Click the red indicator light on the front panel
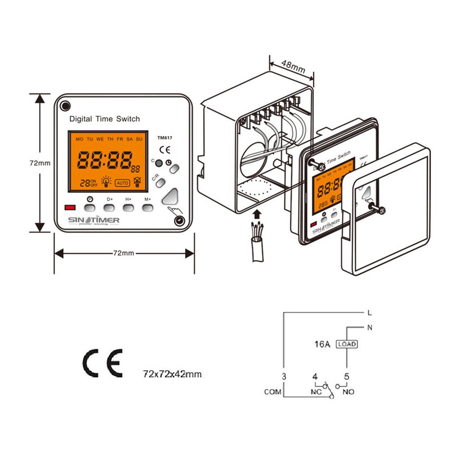click(x=70, y=207)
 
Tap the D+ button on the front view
click(x=110, y=207)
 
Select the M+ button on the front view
click(x=148, y=207)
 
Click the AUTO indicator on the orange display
click(x=122, y=182)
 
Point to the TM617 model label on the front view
click(x=164, y=138)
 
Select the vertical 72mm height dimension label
click(x=40, y=163)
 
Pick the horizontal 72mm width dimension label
click(x=123, y=253)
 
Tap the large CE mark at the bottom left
click(x=102, y=363)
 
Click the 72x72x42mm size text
click(x=172, y=373)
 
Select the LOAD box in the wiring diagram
click(x=347, y=344)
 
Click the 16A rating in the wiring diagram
click(x=322, y=345)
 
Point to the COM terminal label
click(x=272, y=392)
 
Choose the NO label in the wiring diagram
click(x=348, y=392)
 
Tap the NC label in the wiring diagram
click(x=316, y=392)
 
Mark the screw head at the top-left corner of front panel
click(x=65, y=106)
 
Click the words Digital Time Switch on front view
click(x=105, y=119)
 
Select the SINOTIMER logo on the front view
click(x=93, y=220)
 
